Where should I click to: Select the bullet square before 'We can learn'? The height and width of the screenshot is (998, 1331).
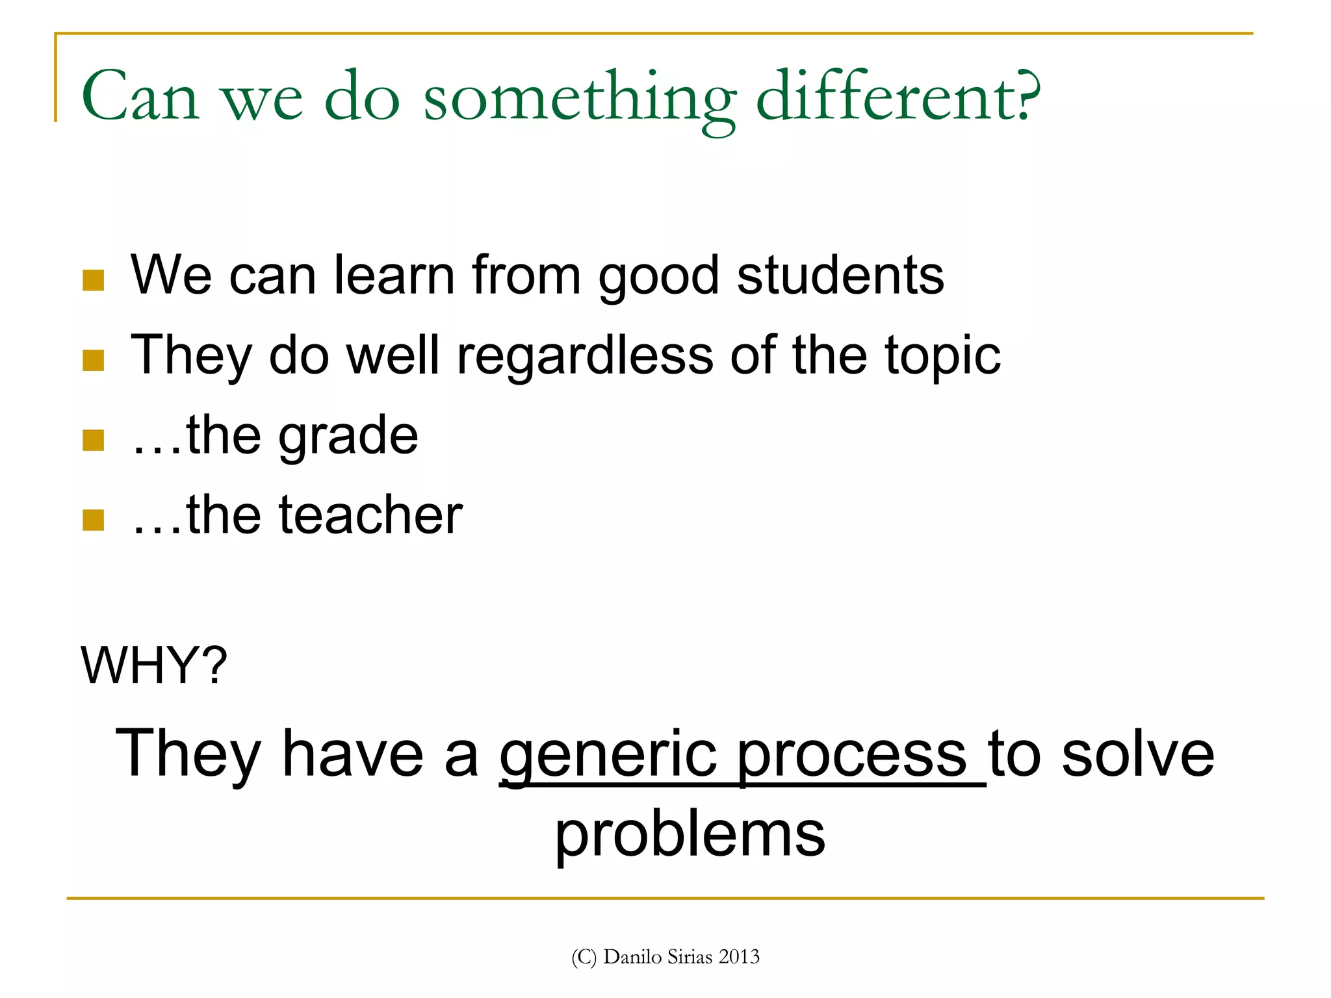[x=94, y=281]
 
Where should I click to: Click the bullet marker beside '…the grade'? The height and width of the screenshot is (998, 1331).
[x=94, y=440]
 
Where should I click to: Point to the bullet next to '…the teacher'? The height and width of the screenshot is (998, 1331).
[x=94, y=520]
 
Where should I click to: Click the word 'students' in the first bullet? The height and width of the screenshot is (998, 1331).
[x=840, y=275]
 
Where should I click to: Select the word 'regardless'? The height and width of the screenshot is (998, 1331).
[x=585, y=356]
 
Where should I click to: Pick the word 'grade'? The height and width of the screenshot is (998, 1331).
[x=348, y=436]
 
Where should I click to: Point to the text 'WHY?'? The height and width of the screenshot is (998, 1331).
[x=154, y=665]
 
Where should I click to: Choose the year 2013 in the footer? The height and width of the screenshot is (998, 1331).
[x=740, y=957]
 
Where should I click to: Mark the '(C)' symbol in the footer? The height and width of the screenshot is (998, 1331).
[x=584, y=957]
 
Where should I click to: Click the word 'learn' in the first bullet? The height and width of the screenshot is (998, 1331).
[x=394, y=275]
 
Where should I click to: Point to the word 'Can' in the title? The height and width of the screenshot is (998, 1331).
[x=140, y=97]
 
